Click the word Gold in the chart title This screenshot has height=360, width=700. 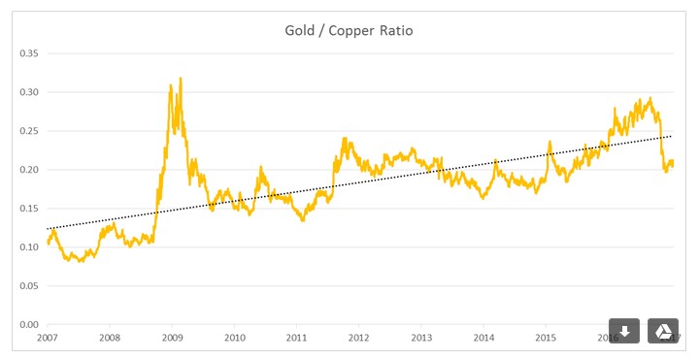[x=299, y=31]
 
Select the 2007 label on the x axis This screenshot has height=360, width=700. [x=47, y=339]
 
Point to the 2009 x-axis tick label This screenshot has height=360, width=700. [x=172, y=339]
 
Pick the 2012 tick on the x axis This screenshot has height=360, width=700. [x=359, y=339]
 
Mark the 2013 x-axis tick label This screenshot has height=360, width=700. [x=421, y=339]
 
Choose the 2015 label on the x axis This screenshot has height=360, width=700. [x=547, y=339]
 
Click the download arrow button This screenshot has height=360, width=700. [x=624, y=331]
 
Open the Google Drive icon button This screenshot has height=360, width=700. [x=663, y=331]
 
